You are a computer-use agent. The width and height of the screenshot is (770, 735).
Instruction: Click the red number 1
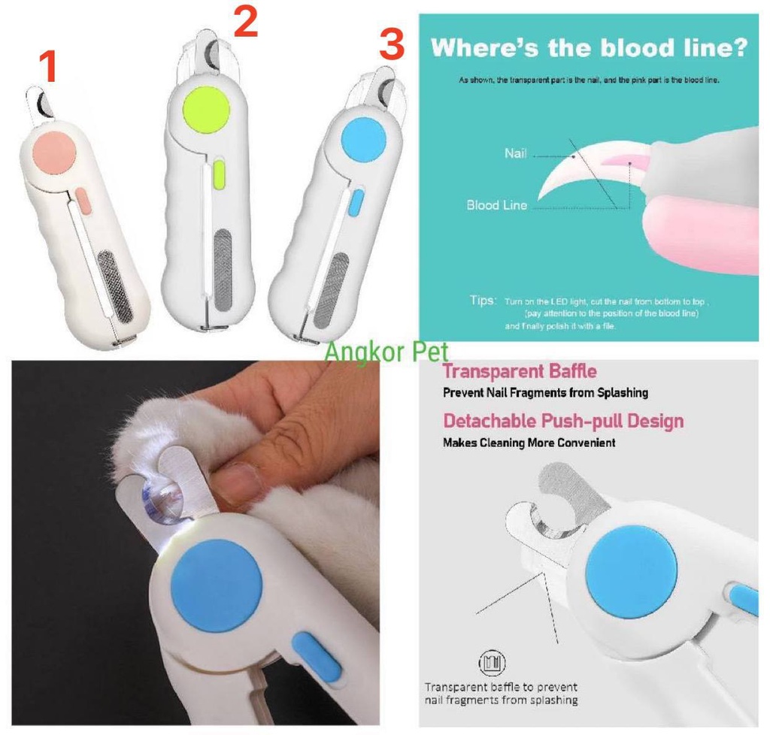47,68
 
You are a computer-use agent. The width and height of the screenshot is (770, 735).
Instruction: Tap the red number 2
246,23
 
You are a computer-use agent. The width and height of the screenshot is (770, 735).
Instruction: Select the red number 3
392,45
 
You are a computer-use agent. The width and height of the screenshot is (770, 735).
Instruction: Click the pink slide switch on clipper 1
83,199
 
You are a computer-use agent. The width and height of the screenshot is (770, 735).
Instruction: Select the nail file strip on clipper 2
223,267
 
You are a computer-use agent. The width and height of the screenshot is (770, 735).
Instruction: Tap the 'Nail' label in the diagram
516,154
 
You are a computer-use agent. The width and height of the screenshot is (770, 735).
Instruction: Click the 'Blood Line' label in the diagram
496,205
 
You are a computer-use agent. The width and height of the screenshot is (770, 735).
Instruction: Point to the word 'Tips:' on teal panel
483,301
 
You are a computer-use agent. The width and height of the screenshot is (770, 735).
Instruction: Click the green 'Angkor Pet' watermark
387,350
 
